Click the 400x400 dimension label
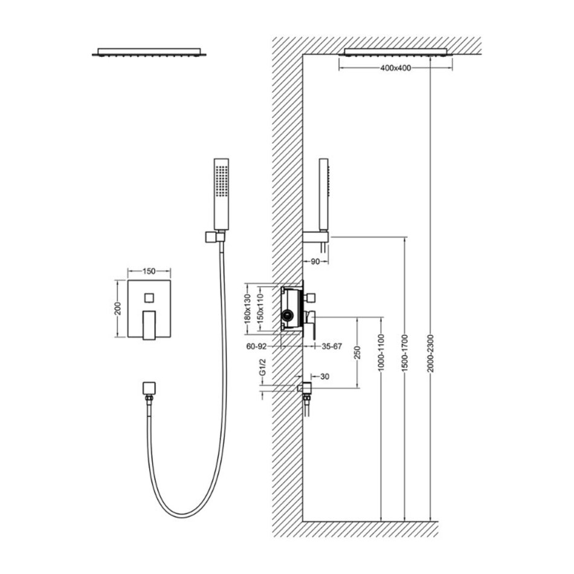tap(395, 68)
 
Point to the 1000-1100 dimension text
tap(382, 353)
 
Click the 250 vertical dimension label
tap(358, 352)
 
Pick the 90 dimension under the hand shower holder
tap(315, 262)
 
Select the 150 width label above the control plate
tap(149, 271)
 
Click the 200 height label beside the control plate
tap(117, 309)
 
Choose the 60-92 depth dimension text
tap(256, 346)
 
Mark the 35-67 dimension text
tap(332, 346)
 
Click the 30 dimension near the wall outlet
tap(324, 376)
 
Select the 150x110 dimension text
tap(260, 309)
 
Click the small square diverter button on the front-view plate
tap(149, 298)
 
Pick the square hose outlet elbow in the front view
tap(149, 389)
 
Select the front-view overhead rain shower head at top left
tap(149, 52)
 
